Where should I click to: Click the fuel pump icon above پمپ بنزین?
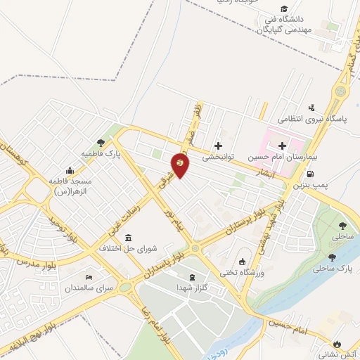click(310, 174)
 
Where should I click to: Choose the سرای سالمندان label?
click(89, 288)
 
